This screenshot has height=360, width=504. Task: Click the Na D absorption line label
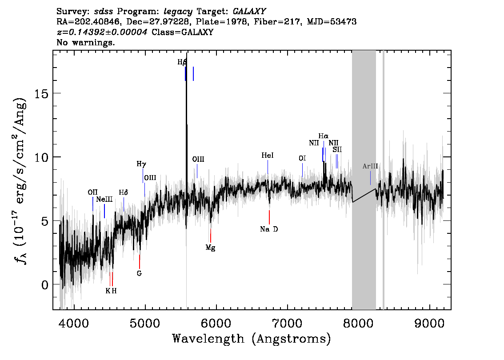269,229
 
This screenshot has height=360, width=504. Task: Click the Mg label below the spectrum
210,248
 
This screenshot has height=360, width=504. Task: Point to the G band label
139,273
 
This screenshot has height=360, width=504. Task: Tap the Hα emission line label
324,136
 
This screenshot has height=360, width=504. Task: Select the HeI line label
268,156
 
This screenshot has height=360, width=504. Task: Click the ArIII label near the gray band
370,166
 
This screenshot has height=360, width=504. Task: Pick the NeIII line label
104,199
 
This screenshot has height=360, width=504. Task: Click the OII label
92,192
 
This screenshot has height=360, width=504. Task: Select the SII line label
337,149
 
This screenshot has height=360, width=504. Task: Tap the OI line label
302,158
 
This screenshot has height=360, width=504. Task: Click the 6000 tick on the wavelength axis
216,323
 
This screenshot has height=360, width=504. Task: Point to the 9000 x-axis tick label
429,323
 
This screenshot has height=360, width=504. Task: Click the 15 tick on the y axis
41,93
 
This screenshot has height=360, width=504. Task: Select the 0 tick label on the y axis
44,285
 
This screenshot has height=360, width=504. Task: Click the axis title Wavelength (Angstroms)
252,339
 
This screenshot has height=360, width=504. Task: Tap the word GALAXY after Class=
197,32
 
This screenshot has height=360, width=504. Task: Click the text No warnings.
85,42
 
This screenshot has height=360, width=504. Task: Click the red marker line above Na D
269,217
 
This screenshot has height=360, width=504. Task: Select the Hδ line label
124,192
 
